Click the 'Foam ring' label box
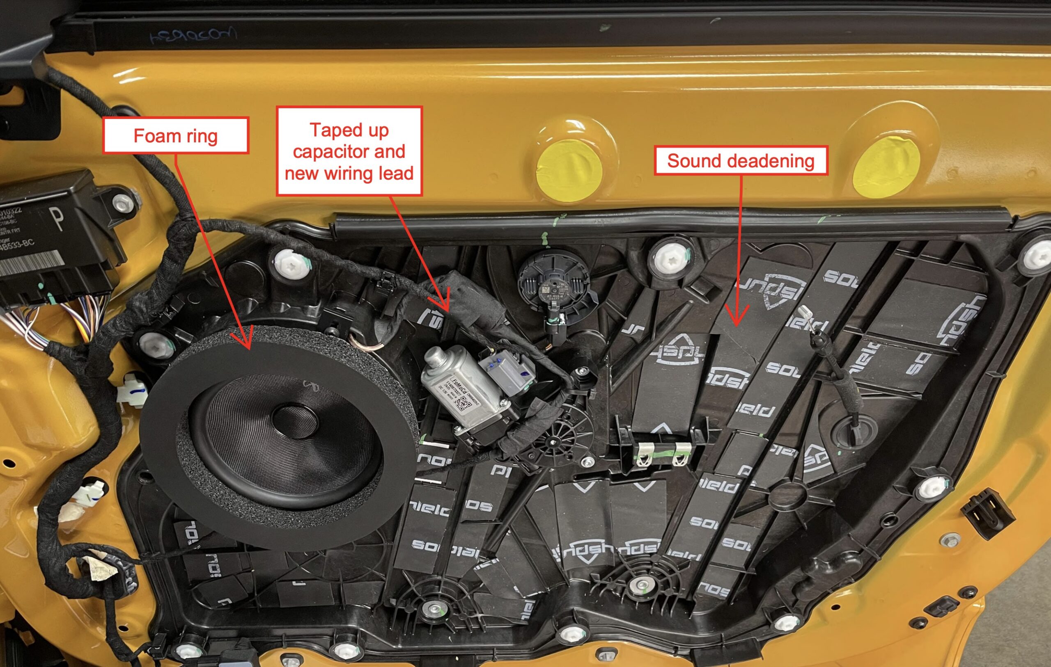click(x=175, y=136)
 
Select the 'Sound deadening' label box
click(x=741, y=161)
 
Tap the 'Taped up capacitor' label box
click(x=349, y=151)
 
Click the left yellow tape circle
click(x=569, y=171)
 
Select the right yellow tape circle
click(x=886, y=168)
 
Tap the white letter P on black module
click(x=57, y=218)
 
